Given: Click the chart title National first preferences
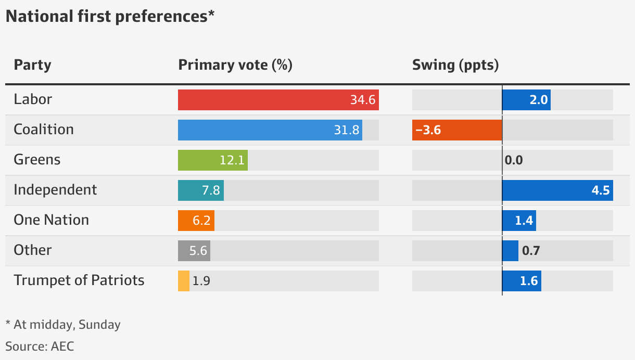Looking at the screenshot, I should (x=109, y=17).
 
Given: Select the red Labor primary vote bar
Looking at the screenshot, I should (x=278, y=100).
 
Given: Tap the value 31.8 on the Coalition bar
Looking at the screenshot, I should (x=347, y=130).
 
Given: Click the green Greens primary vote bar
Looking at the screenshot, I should (x=212, y=160).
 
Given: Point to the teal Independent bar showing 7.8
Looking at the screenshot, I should (x=201, y=190).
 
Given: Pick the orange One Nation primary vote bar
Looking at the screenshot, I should (x=196, y=221).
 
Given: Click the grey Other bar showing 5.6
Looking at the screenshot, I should (x=194, y=251).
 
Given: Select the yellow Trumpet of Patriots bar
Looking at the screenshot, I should (x=184, y=281).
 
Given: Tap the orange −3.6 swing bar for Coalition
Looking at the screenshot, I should (x=457, y=130).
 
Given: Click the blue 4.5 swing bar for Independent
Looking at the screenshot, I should (x=557, y=190).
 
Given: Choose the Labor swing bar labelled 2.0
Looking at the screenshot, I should (x=526, y=100).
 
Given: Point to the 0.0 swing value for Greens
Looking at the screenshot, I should (x=514, y=160).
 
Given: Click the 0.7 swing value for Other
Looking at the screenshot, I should (x=531, y=251).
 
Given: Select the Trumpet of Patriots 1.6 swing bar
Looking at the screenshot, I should (x=522, y=281).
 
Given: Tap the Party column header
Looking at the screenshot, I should (x=32, y=65).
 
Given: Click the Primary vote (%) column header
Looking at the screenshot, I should (x=235, y=65).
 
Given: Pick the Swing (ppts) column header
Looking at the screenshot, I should (x=455, y=65).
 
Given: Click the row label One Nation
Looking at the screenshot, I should (x=51, y=220).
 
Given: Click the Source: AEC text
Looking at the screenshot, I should (x=40, y=346).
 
